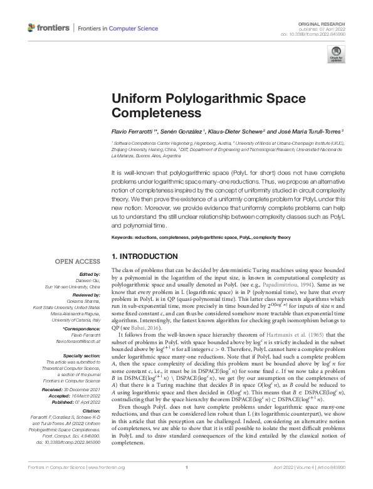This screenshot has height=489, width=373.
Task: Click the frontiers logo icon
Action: pyautogui.click(x=33, y=28)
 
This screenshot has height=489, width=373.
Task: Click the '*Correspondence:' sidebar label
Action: pyautogui.click(x=83, y=329)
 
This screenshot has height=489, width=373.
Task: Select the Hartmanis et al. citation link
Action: pyautogui.click(x=273, y=337)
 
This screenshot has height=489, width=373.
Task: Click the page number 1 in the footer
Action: pyautogui.click(x=187, y=485)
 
